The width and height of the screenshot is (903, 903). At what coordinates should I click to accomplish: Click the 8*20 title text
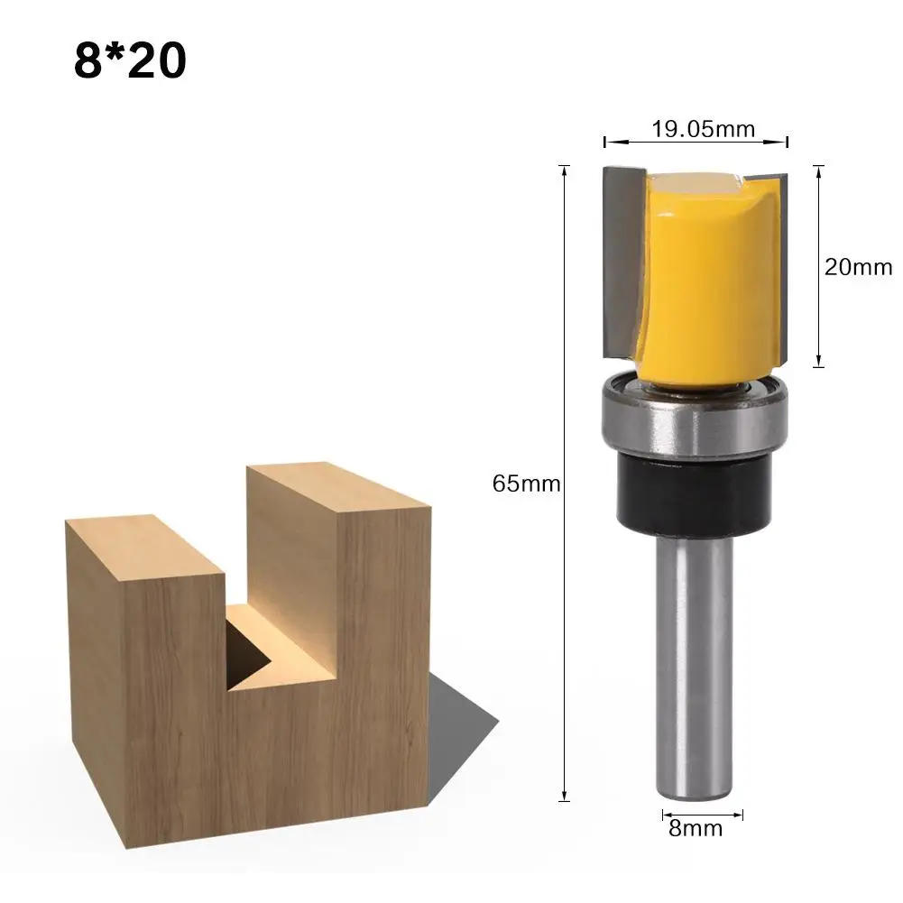[130, 60]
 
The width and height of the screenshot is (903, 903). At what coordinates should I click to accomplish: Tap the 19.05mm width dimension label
[703, 129]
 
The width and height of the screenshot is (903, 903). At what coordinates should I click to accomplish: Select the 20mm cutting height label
[858, 267]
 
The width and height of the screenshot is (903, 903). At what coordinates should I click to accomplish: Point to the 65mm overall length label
[526, 484]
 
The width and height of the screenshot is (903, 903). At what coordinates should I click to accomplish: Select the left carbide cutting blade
[622, 262]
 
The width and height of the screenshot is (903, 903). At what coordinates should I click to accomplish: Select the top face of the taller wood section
[338, 488]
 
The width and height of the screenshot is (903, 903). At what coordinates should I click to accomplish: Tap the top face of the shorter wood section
[144, 546]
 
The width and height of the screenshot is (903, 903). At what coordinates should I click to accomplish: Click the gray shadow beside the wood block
[460, 713]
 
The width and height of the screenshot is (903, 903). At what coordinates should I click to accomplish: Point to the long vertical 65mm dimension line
[566, 361]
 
